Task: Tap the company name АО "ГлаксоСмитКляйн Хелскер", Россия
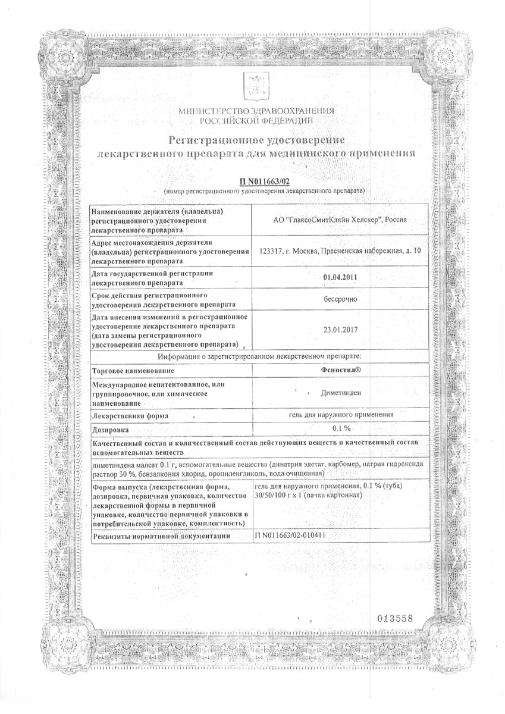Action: coord(338,219)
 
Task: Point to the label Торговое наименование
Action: coord(130,370)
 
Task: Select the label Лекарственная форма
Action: coord(129,415)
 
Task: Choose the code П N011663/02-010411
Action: coord(291,535)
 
